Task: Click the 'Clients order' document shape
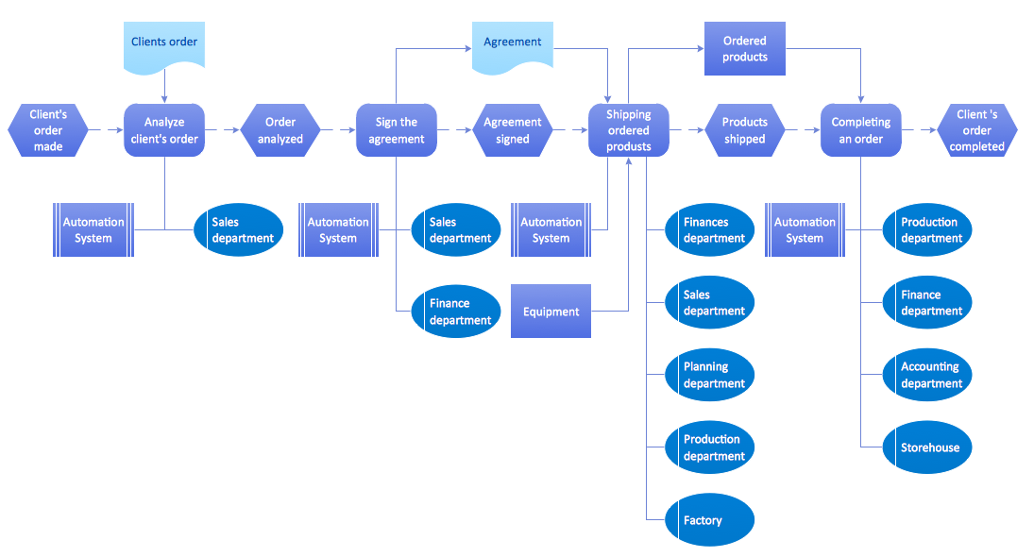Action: click(164, 44)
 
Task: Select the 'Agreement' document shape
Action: click(513, 44)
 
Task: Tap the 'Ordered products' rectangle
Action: click(745, 49)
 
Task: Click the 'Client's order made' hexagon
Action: click(48, 130)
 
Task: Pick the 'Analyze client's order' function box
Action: click(164, 130)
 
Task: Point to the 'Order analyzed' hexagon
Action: click(280, 130)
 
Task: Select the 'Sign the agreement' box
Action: click(397, 130)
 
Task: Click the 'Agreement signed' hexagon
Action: click(513, 130)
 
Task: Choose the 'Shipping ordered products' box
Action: click(629, 130)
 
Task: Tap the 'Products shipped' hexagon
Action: click(745, 130)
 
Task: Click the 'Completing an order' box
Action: click(861, 130)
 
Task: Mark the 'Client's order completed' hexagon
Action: click(977, 130)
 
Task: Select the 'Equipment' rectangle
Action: click(551, 312)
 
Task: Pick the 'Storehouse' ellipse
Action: click(927, 447)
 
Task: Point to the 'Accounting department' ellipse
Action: click(927, 375)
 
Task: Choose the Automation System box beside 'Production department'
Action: click(805, 230)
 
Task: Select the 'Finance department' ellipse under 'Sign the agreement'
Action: click(456, 312)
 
